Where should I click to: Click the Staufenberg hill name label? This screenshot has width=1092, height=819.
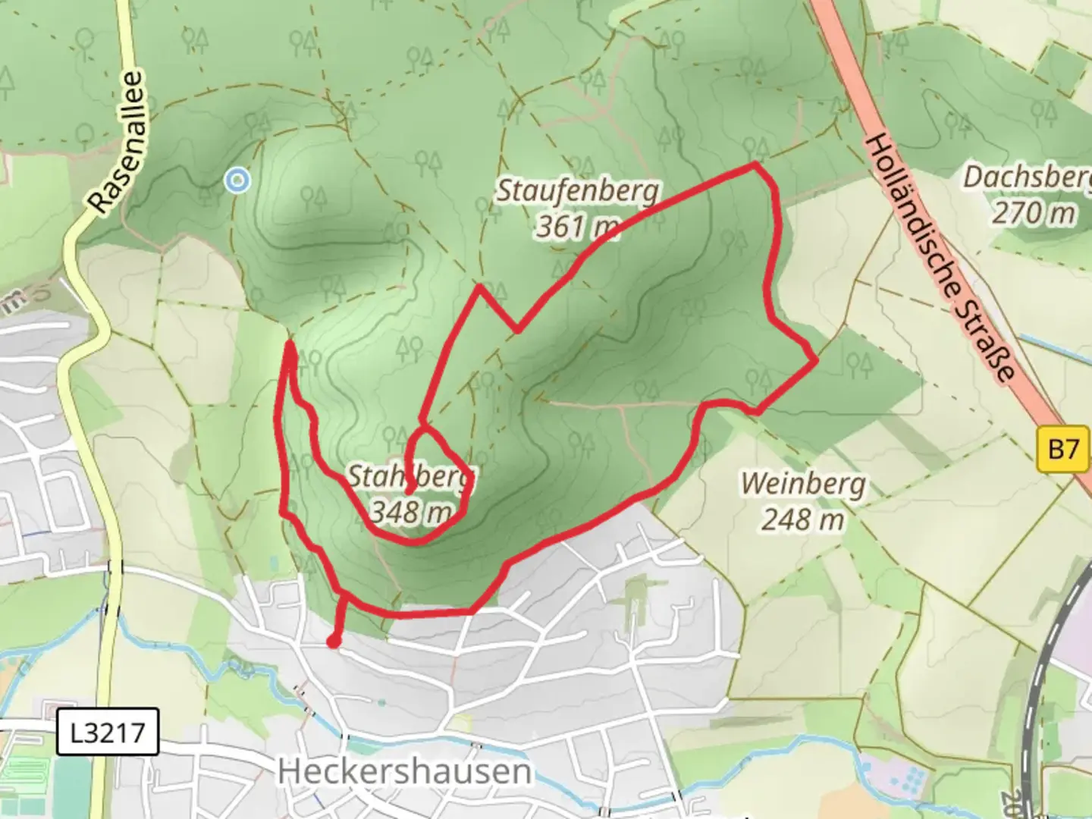click(577, 191)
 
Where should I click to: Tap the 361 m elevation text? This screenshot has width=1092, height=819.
click(577, 226)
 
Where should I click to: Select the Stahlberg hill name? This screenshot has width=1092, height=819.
click(410, 477)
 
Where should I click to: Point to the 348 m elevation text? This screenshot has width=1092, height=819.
click(410, 513)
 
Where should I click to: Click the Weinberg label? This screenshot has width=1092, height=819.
click(803, 483)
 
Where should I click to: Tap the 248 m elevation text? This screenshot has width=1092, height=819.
click(803, 519)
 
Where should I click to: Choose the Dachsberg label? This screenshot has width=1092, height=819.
click(1027, 178)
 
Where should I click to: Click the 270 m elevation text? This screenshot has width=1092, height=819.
click(1034, 213)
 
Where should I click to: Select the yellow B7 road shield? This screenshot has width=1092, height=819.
click(1062, 450)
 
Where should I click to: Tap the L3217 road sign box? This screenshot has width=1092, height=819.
click(108, 733)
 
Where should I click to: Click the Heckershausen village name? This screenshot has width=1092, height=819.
click(404, 772)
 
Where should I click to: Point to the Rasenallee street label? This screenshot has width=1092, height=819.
click(116, 142)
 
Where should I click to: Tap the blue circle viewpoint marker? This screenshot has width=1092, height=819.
click(238, 180)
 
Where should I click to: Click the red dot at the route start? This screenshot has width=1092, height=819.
click(333, 642)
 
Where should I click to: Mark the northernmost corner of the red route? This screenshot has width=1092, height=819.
click(755, 164)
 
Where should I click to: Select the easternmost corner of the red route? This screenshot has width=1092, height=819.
click(815, 361)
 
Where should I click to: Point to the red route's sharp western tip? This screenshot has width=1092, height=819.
click(290, 345)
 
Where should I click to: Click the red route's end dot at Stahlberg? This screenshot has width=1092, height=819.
click(409, 491)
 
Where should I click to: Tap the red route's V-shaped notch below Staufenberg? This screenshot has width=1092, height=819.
click(516, 330)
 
